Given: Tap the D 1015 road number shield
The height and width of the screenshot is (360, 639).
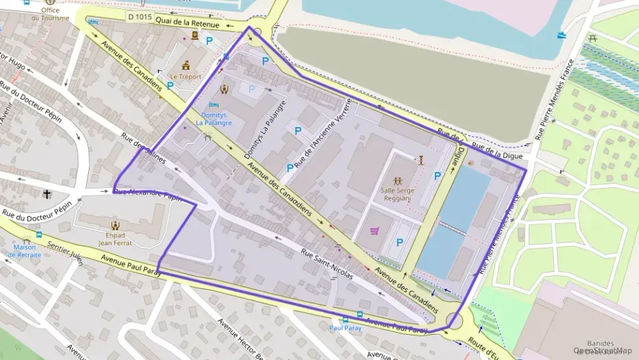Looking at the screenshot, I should coord(139,16).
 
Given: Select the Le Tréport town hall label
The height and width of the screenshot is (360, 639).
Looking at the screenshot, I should coord(185,77).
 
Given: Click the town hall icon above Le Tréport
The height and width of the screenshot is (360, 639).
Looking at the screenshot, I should coord(186,65).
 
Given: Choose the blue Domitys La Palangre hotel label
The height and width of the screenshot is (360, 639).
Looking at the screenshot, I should coord(214,119).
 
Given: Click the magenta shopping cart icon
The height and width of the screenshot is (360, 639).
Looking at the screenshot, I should coord(374,231).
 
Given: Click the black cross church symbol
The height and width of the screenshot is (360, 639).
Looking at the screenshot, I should coord(47,194).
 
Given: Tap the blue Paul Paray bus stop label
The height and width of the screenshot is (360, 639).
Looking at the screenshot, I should coord(345,328).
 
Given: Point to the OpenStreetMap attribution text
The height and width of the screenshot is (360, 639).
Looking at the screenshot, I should coord(603,350).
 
